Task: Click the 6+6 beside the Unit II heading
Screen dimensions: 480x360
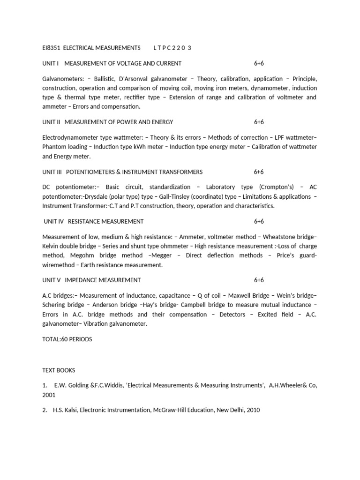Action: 259,122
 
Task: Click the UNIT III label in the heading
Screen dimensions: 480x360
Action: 52,172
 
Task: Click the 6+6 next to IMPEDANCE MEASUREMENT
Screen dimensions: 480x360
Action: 259,280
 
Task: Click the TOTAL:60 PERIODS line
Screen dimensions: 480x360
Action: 67,339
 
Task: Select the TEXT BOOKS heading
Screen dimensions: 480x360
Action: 59,370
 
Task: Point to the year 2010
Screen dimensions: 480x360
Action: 252,410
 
